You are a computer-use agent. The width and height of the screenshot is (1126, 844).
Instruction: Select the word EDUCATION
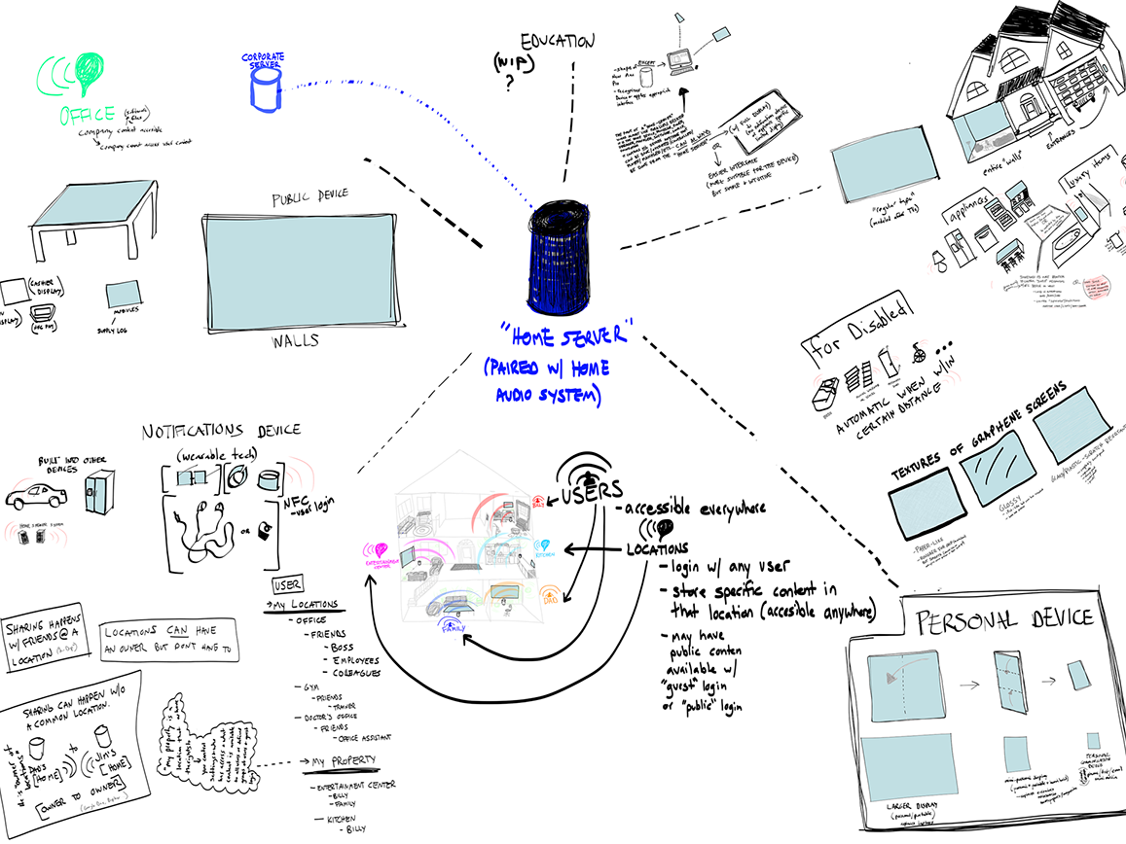click(557, 42)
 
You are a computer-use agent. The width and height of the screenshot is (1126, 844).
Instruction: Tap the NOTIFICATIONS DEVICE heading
click(221, 430)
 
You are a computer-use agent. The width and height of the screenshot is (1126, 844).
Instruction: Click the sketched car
click(37, 499)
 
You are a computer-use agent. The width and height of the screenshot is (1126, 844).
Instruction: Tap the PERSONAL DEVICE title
click(1001, 618)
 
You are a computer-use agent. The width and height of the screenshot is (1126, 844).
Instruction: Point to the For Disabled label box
click(856, 332)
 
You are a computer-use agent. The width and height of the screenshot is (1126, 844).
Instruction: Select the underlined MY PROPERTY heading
click(340, 760)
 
